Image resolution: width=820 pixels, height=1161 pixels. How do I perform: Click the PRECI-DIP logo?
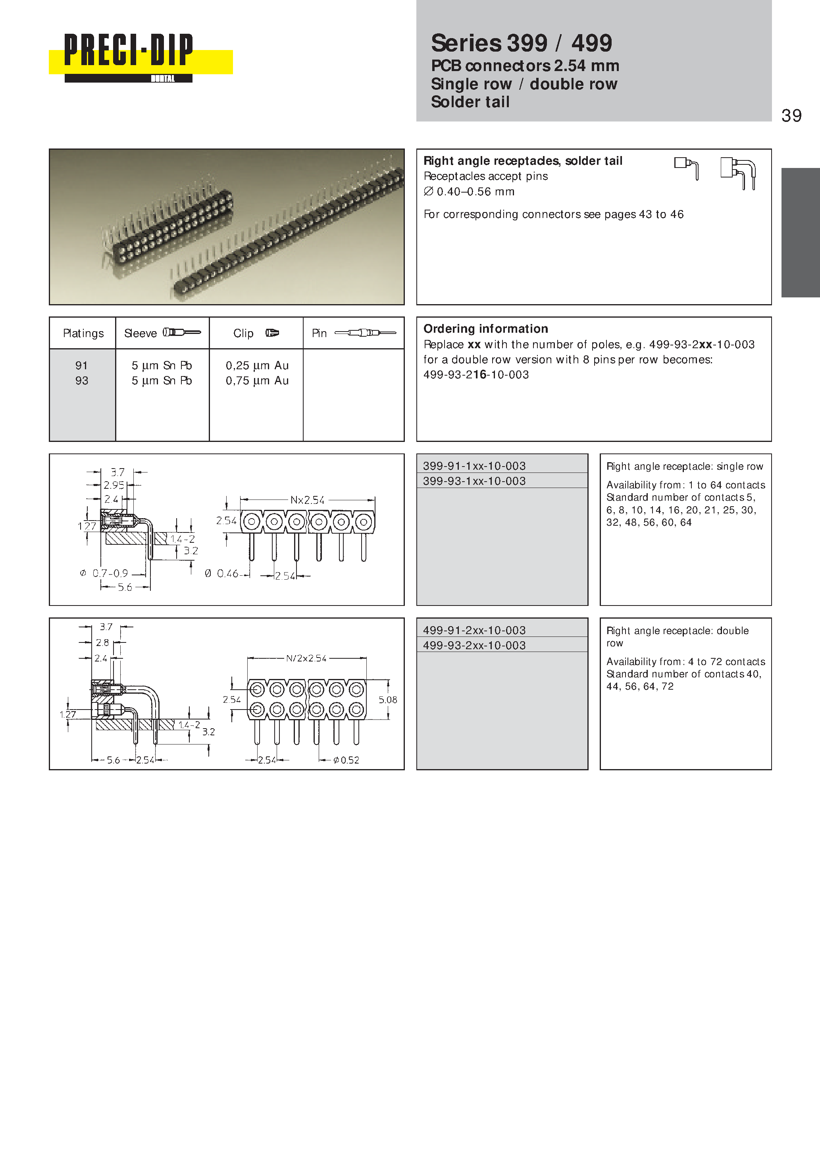[x=141, y=58]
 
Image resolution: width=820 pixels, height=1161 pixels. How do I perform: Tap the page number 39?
[x=791, y=116]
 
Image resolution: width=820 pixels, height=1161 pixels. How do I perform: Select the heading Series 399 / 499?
[x=521, y=43]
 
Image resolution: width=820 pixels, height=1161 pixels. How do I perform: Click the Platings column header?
[x=83, y=333]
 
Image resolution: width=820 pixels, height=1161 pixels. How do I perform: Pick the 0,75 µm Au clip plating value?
[x=257, y=381]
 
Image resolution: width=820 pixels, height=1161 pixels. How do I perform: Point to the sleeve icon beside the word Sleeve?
[x=181, y=332]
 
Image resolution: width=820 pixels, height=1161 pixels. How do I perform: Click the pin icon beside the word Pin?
[x=365, y=333]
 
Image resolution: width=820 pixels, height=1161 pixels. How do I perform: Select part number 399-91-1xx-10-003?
[x=474, y=466]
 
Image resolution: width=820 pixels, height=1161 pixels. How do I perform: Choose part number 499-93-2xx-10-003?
[x=474, y=645]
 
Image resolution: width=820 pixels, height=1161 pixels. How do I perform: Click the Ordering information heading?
[x=485, y=329]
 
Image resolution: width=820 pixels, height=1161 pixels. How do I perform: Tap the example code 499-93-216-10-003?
[x=476, y=375]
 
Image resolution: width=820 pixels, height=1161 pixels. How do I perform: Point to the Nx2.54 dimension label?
[x=307, y=500]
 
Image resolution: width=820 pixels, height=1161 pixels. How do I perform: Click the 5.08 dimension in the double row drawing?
[x=388, y=700]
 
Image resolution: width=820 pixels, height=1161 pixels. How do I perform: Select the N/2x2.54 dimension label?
[x=306, y=658]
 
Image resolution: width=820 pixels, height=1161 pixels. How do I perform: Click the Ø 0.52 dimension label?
[x=346, y=760]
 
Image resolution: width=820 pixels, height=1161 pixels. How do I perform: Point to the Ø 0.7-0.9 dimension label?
[x=104, y=573]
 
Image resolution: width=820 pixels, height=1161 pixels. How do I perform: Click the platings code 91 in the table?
[x=81, y=366]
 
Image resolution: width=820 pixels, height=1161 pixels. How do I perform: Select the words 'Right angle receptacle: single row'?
[x=685, y=466]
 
